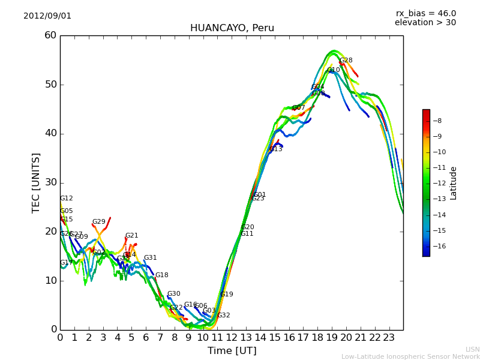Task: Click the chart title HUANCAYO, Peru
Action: pos(232,28)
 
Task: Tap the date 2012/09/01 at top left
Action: pos(47,16)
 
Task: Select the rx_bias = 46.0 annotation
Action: pos(425,13)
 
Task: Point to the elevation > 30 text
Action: pos(425,23)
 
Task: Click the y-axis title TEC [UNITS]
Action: pos(36,182)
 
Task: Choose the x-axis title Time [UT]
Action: pos(232,351)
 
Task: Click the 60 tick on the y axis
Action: pos(50,35)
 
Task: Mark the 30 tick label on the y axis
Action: pos(50,182)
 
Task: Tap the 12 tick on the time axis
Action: pos(232,337)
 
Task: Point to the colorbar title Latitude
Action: pos(454,182)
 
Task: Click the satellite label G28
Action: pos(346,61)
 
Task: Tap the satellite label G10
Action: pos(334,70)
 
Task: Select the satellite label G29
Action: pos(98,222)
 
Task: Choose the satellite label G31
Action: pos(150,258)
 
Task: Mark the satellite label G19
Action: pos(227,295)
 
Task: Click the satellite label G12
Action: pos(66,199)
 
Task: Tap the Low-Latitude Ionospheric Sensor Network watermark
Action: pos(410,356)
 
